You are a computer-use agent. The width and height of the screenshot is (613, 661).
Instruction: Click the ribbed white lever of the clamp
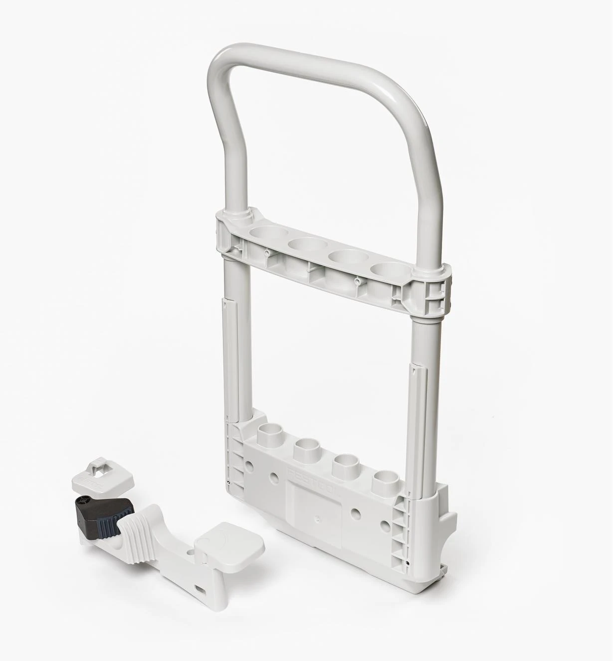[x=140, y=523]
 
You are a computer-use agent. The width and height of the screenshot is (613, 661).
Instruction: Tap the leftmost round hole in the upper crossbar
[x=267, y=233]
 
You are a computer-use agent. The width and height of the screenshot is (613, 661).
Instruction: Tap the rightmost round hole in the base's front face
[x=385, y=524]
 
